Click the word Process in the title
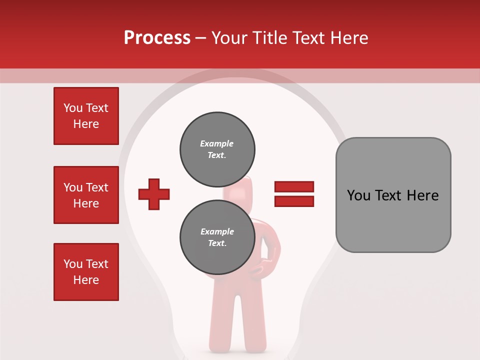pyautogui.click(x=157, y=38)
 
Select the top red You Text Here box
pyautogui.click(x=86, y=116)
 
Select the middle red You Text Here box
pyautogui.click(x=86, y=195)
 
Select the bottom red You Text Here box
pyautogui.click(x=86, y=272)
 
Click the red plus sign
pyautogui.click(x=154, y=194)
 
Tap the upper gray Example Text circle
pyautogui.click(x=217, y=149)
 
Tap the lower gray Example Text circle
pyautogui.click(x=217, y=237)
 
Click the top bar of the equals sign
pyautogui.click(x=294, y=187)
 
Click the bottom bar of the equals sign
pyautogui.click(x=294, y=201)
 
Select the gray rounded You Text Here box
pyautogui.click(x=393, y=195)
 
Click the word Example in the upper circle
pyautogui.click(x=217, y=143)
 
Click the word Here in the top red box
pyautogui.click(x=86, y=124)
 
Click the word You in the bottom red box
pyautogui.click(x=72, y=264)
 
